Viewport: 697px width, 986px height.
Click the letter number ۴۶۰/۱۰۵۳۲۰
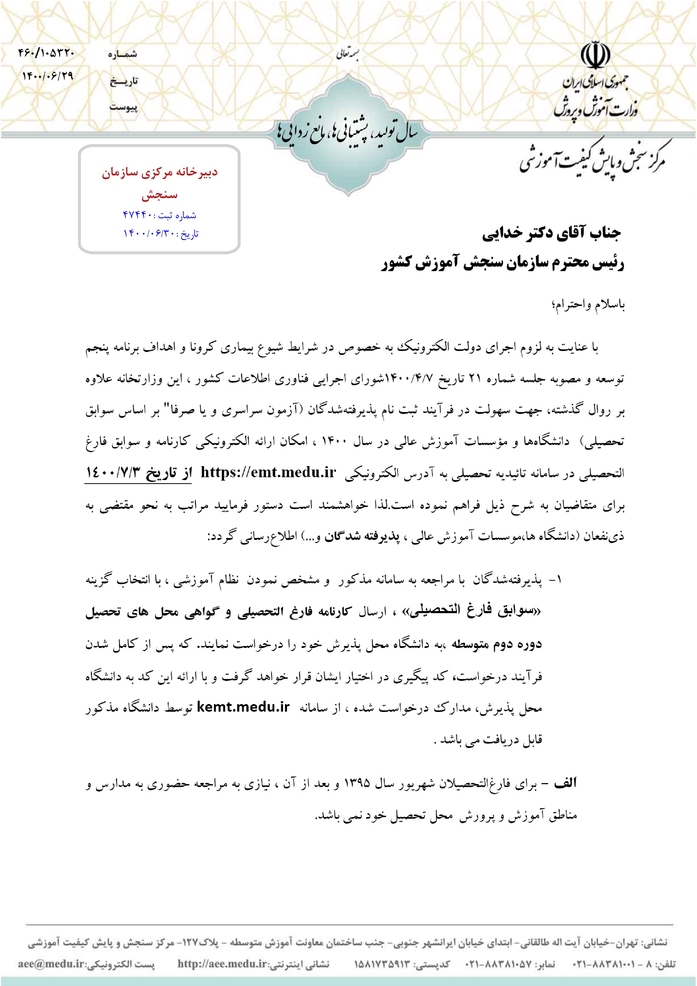click(46, 53)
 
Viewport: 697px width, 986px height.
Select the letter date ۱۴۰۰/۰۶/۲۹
click(48, 76)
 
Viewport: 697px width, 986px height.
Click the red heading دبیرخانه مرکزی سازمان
click(160, 173)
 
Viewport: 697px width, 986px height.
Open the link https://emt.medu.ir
click(268, 472)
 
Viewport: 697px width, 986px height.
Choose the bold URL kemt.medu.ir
click(243, 707)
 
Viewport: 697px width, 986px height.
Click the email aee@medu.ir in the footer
click(51, 964)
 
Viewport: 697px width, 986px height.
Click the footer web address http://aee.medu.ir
click(222, 964)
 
